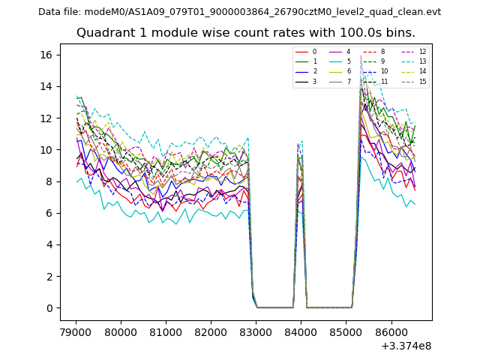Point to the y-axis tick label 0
coord(49,308)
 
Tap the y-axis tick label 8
coord(49,181)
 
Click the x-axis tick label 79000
coord(75,330)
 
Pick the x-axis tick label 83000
coord(256,330)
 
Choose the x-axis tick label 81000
coord(165,330)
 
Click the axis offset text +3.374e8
coord(405,345)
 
